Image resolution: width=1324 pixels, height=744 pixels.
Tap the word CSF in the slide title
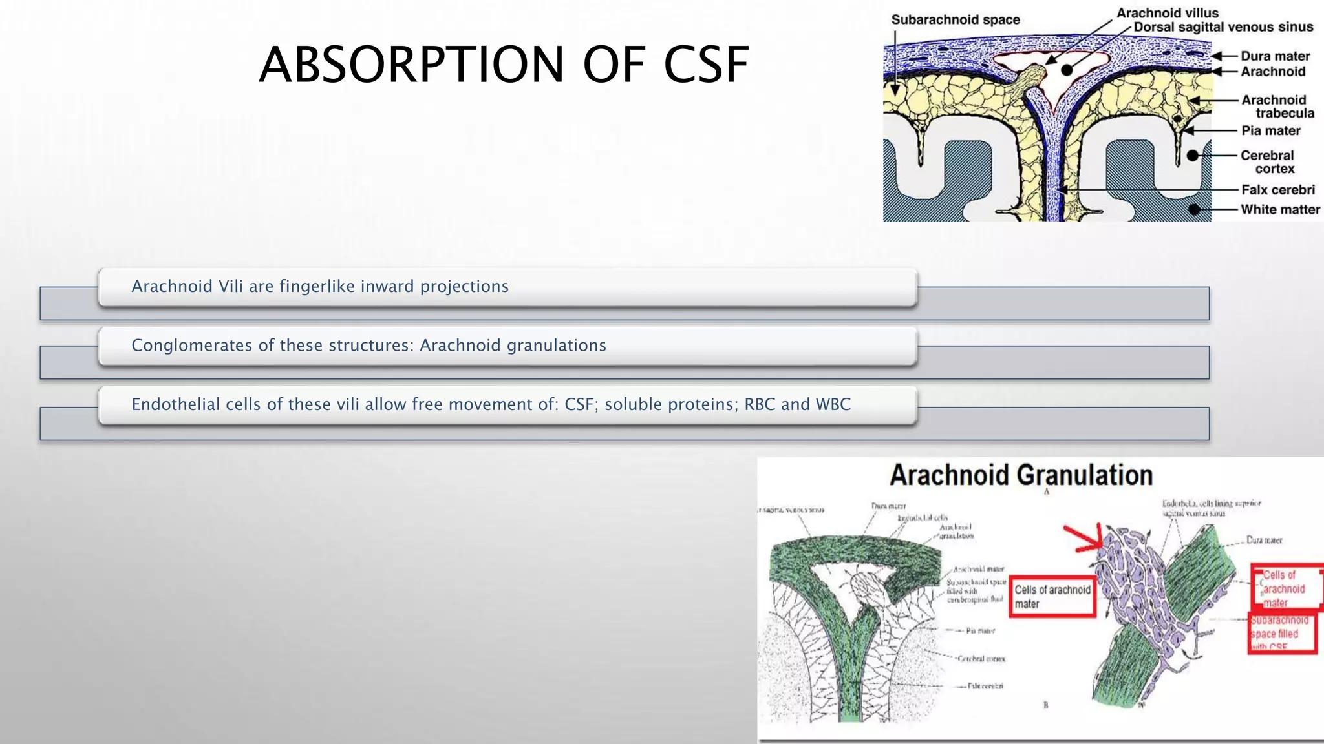pyautogui.click(x=706, y=65)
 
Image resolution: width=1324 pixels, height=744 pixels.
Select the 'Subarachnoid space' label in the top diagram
pyautogui.click(x=955, y=20)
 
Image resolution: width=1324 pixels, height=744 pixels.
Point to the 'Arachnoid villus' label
pyautogui.click(x=1167, y=13)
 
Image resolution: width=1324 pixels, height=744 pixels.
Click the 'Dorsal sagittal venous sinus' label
pyautogui.click(x=1223, y=27)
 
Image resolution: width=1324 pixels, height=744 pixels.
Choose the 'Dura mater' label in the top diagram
pyautogui.click(x=1275, y=56)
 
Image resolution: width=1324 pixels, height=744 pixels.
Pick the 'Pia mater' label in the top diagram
pyautogui.click(x=1270, y=130)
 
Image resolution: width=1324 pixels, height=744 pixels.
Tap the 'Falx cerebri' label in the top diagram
pyautogui.click(x=1277, y=190)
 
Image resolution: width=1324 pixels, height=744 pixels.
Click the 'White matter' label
pyautogui.click(x=1280, y=209)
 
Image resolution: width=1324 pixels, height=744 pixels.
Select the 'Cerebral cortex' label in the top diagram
pyautogui.click(x=1268, y=162)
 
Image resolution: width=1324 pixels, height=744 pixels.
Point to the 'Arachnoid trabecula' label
pyautogui.click(x=1277, y=107)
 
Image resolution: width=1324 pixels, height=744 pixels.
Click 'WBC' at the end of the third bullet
pyautogui.click(x=833, y=404)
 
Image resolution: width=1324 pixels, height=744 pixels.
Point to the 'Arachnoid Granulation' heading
pyautogui.click(x=1021, y=475)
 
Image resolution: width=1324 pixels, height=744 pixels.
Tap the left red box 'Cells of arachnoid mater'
pyautogui.click(x=1052, y=597)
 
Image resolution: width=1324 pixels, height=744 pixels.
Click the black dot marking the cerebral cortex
pyautogui.click(x=1193, y=156)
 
